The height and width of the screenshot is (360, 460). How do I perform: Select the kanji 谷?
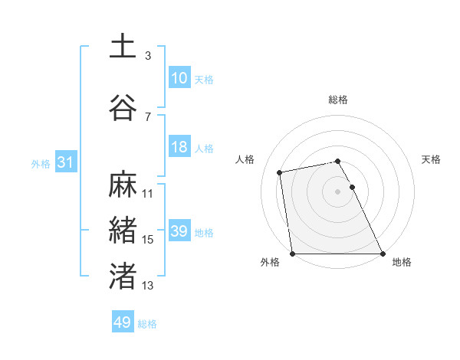point(123,107)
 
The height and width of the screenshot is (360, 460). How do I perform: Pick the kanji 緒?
point(123,231)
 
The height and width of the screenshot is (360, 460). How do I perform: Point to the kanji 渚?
point(123,277)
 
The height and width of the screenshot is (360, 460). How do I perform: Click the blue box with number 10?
point(179,78)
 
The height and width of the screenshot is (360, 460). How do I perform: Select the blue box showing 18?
point(179,147)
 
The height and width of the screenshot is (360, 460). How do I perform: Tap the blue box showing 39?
point(179,231)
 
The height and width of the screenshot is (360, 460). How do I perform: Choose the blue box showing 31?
point(65,162)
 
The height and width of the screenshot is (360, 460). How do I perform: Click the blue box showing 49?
point(123,322)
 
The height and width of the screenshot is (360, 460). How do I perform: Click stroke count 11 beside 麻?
point(148,194)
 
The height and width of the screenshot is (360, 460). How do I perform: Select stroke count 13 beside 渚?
point(148,286)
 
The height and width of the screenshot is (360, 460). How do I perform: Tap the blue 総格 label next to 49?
point(147,324)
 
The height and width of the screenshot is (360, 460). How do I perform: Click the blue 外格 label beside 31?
point(41,163)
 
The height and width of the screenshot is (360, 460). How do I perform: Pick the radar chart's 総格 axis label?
point(338,100)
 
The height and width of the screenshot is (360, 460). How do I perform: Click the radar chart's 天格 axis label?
point(432,159)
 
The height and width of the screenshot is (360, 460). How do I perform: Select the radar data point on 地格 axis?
point(382,253)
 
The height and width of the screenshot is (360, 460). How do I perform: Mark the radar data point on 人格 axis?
point(281,172)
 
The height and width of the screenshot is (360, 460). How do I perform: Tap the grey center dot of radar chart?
point(338,191)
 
